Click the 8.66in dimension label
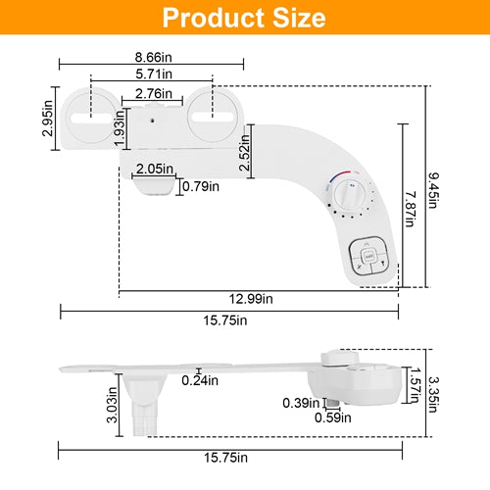tap(154, 57)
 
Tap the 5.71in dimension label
tap(154, 73)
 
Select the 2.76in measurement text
tap(154, 94)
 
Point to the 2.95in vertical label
tap(48, 118)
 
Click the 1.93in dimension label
tap(120, 128)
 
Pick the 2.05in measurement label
tap(155, 169)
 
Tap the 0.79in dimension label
tap(201, 186)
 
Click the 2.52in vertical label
tap(245, 152)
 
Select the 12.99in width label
tap(251, 299)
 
